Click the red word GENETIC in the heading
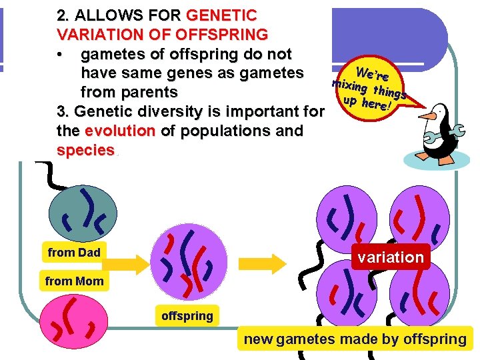[221, 15]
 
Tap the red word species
[85, 150]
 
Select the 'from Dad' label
[73, 253]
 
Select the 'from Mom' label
[74, 281]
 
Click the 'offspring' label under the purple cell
[187, 316]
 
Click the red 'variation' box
[391, 257]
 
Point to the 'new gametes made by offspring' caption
[355, 339]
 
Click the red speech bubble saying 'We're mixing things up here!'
[369, 88]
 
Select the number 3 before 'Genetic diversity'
[62, 111]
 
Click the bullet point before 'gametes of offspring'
[61, 53]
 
